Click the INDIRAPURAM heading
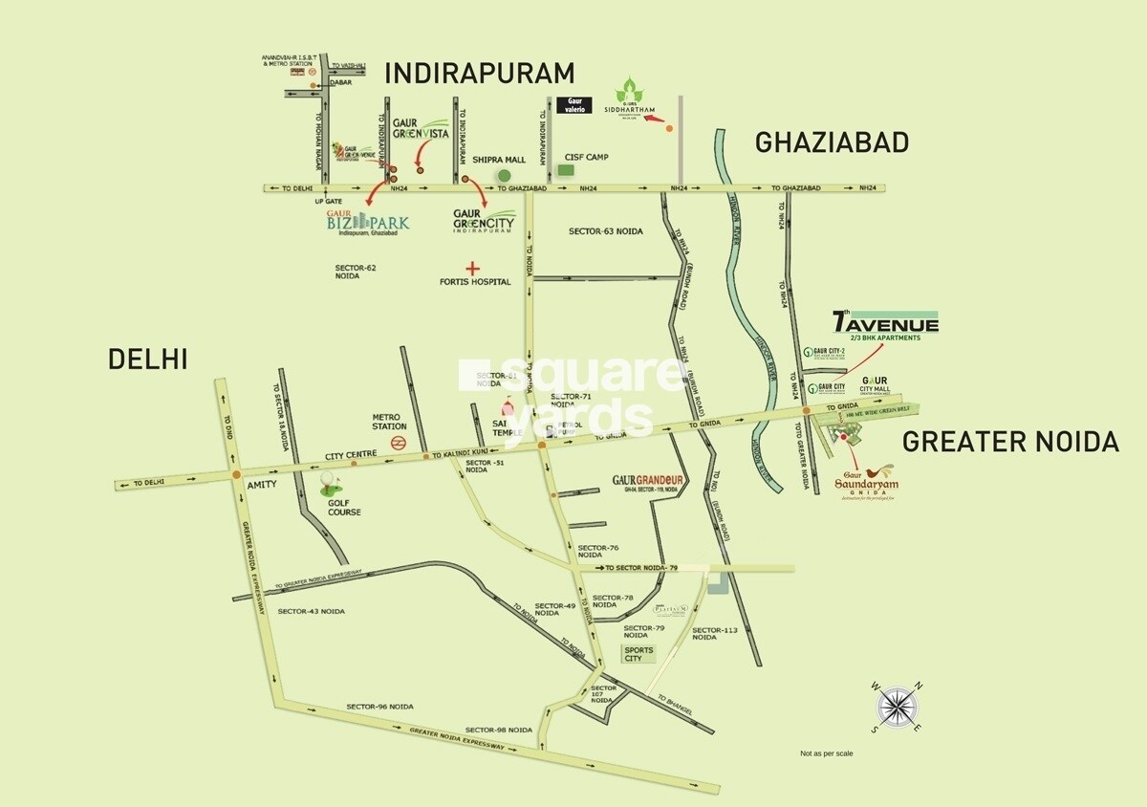(x=479, y=73)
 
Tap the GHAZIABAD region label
(x=831, y=142)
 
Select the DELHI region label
(x=147, y=359)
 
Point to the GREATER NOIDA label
(x=1010, y=442)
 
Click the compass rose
(x=896, y=707)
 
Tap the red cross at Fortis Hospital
(x=470, y=269)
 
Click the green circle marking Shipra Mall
(x=503, y=176)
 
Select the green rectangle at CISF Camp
(x=567, y=169)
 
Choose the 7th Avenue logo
(x=885, y=323)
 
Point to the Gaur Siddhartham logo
(x=630, y=100)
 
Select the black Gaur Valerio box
(x=574, y=103)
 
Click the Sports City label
(x=638, y=655)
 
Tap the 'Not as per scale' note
(x=827, y=754)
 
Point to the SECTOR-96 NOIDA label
(x=379, y=706)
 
